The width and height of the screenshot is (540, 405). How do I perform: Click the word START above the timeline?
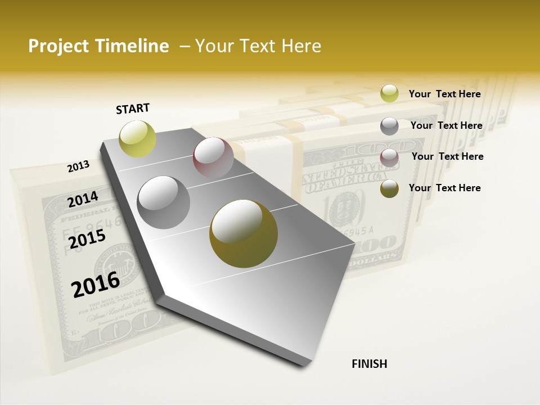pyautogui.click(x=133, y=109)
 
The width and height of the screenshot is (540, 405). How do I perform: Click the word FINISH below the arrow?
pyautogui.click(x=369, y=364)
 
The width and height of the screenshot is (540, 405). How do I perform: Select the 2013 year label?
pyautogui.click(x=78, y=166)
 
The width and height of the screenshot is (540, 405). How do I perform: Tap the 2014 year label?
pyautogui.click(x=83, y=199)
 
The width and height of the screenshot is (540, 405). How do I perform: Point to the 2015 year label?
pyautogui.click(x=87, y=238)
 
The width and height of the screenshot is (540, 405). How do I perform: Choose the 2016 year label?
pyautogui.click(x=96, y=284)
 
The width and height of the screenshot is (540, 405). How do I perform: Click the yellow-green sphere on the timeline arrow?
pyautogui.click(x=137, y=138)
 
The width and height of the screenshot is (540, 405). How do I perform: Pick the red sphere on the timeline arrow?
pyautogui.click(x=213, y=157)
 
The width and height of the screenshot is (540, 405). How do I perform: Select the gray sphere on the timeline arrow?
pyautogui.click(x=164, y=202)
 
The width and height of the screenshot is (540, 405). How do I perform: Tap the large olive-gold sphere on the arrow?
pyautogui.click(x=243, y=233)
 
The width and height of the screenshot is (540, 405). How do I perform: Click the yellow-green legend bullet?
pyautogui.click(x=389, y=93)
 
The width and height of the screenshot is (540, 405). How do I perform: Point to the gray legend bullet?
pyautogui.click(x=389, y=126)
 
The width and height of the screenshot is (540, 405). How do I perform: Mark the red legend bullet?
pyautogui.click(x=389, y=157)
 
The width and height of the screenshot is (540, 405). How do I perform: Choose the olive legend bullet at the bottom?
pyautogui.click(x=389, y=189)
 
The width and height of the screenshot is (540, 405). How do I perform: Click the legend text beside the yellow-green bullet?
pyautogui.click(x=444, y=94)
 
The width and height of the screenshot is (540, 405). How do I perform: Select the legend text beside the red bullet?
pyautogui.click(x=447, y=156)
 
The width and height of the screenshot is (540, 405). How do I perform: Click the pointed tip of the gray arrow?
pyautogui.click(x=307, y=363)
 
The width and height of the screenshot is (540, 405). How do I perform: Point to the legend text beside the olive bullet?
pyautogui.click(x=444, y=188)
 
